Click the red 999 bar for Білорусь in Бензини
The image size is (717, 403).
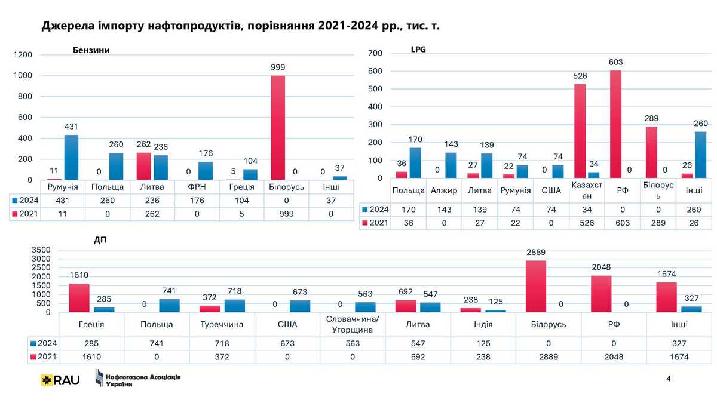coord(277,127)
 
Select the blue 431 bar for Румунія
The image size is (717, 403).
coord(71,157)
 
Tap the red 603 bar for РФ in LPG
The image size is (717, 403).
coord(615,124)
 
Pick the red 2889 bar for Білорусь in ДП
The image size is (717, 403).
coord(537,286)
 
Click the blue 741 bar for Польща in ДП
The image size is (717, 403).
coord(170,305)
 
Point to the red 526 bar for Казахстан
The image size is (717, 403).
coord(580,131)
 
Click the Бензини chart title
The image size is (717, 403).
coord(92,51)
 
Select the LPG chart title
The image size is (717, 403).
coord(418,50)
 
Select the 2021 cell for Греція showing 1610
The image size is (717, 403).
coord(91,357)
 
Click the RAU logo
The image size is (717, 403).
coord(60,380)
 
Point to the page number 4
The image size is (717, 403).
coord(668,379)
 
